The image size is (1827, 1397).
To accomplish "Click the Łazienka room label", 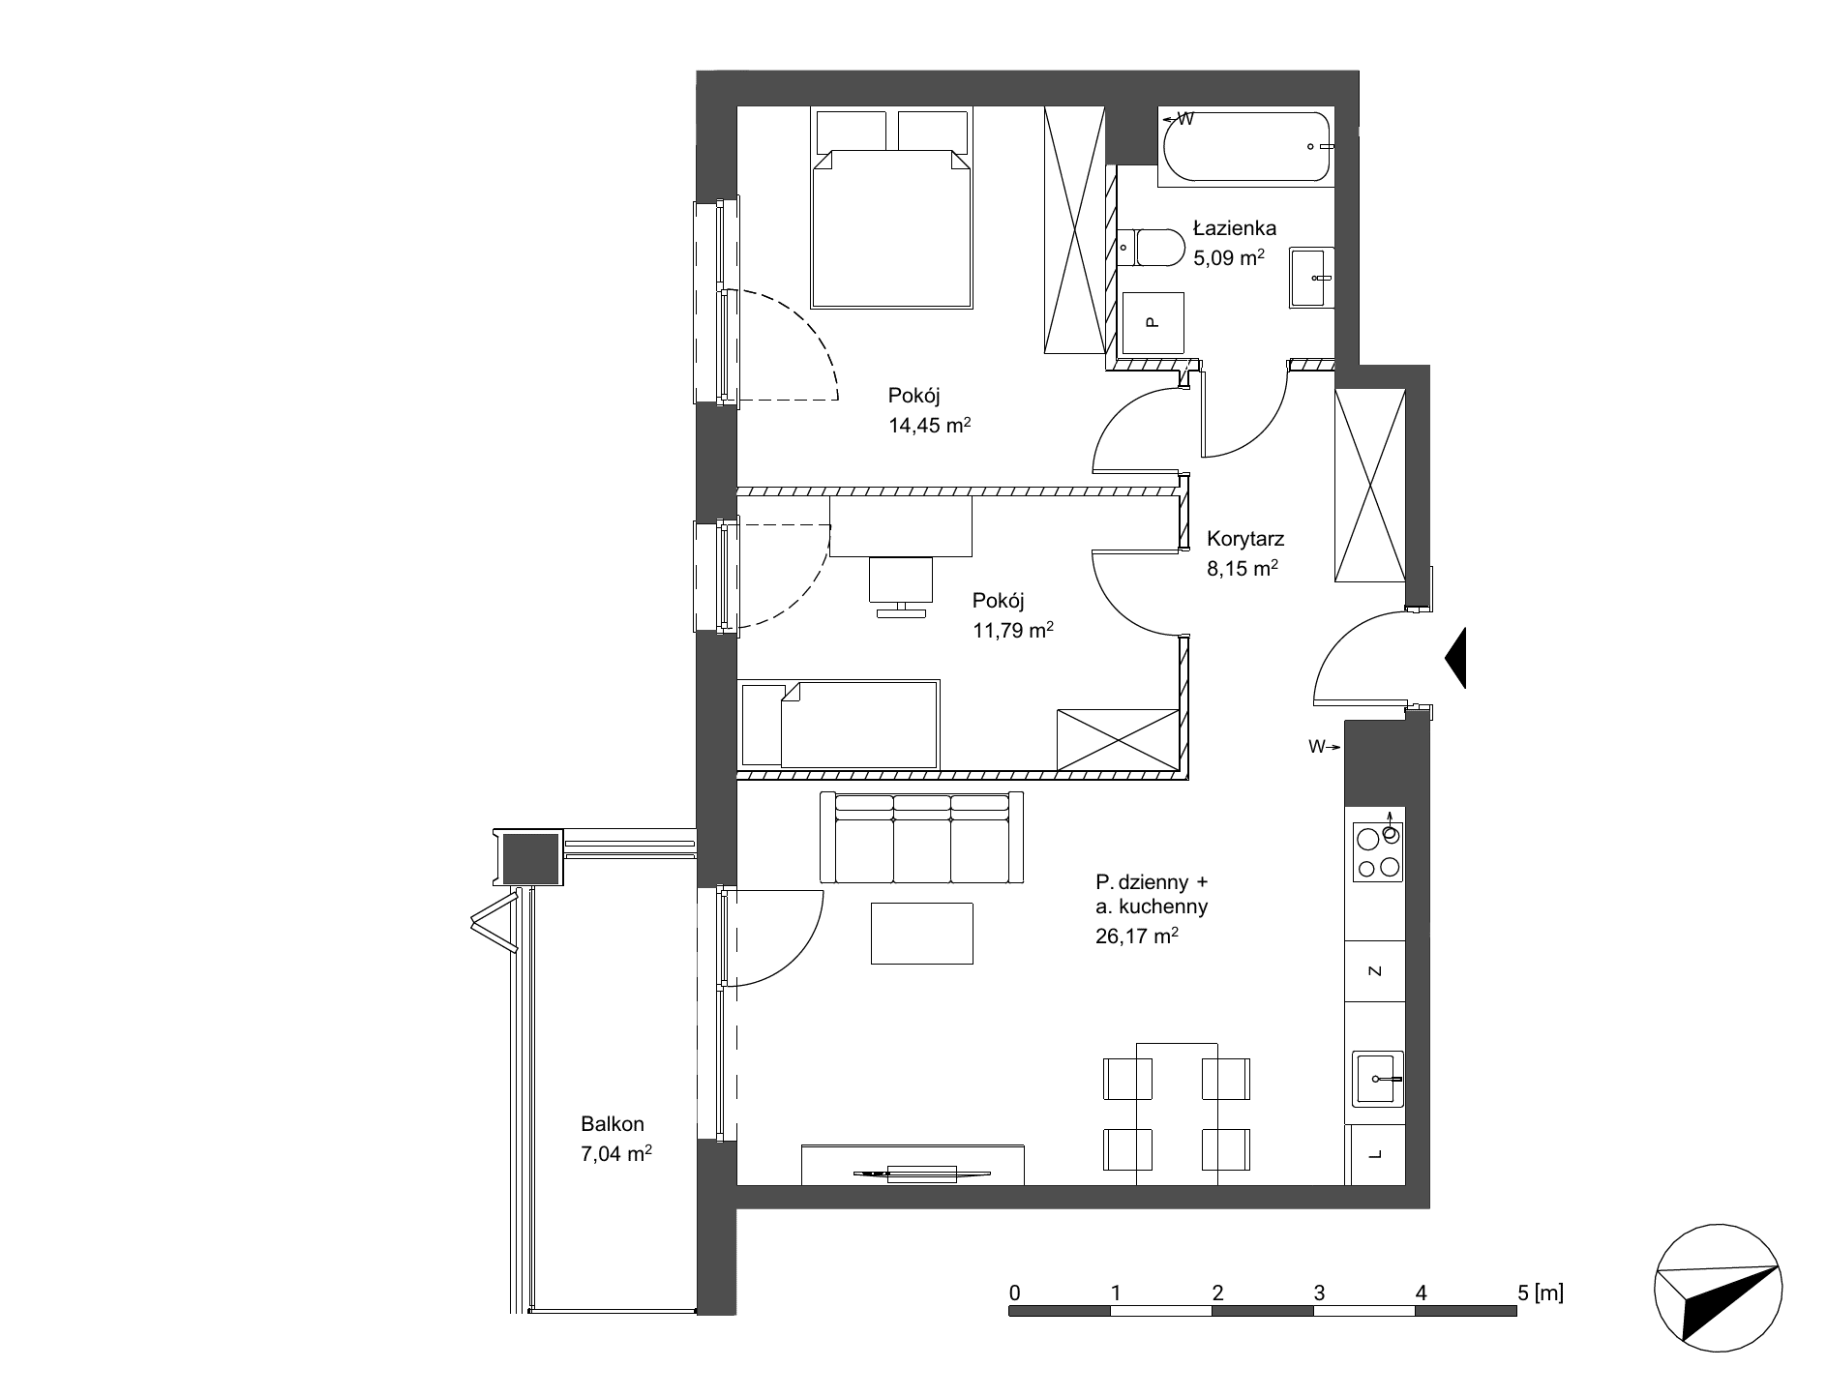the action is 1234,229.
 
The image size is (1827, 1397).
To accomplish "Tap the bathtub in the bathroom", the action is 1246,147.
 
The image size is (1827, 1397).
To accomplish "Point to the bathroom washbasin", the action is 1311,278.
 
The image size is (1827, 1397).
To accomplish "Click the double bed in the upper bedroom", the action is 892,210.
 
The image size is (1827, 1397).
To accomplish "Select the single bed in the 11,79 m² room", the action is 839,725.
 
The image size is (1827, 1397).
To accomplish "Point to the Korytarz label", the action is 1245,540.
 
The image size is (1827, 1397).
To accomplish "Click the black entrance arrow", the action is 1455,658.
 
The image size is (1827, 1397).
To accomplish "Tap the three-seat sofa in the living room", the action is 920,838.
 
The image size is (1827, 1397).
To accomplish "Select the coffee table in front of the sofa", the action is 921,933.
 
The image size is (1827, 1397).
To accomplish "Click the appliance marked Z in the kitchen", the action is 1376,970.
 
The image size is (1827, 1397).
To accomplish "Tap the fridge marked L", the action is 1376,1154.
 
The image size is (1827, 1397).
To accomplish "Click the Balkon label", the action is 613,1124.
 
